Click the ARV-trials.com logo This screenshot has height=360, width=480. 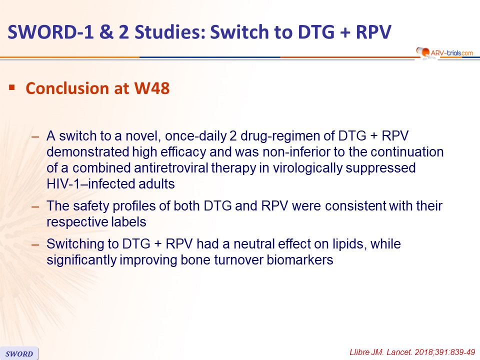444,52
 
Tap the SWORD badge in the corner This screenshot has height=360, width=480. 19,353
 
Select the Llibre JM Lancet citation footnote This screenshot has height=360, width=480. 412,352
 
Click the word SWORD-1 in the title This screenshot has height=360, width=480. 50,32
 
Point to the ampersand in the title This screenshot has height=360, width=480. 106,32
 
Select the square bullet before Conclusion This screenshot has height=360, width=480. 12,88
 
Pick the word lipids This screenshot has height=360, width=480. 349,244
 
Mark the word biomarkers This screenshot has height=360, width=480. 299,260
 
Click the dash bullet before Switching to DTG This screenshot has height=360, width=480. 35,244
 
